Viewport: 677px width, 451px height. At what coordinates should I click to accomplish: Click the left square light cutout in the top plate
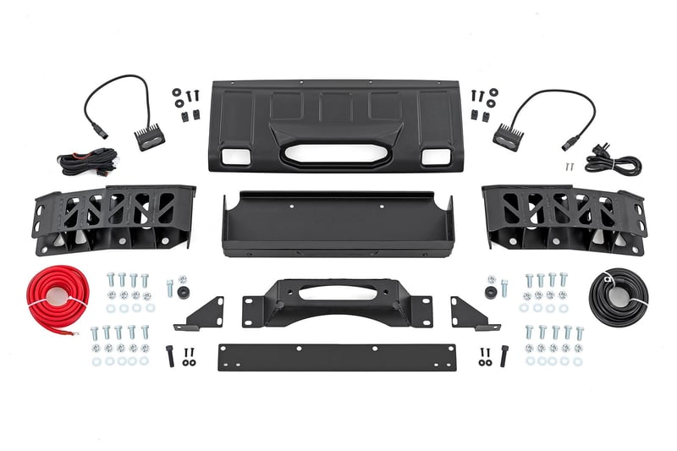pyautogui.click(x=229, y=155)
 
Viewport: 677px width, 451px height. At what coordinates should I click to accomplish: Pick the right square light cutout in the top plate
pyautogui.click(x=436, y=156)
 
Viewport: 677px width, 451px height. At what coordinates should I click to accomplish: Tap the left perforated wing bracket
pyautogui.click(x=114, y=219)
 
